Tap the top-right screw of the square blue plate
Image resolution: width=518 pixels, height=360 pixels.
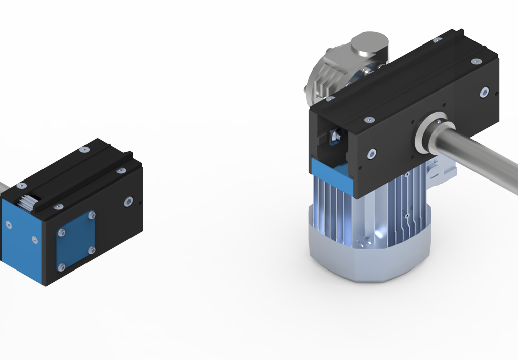pos(92,215)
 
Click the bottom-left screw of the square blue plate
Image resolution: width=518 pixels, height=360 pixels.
pos(61,266)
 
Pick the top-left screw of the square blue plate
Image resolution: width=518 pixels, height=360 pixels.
pos(61,232)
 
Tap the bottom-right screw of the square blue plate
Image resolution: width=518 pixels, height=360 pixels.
pos(92,250)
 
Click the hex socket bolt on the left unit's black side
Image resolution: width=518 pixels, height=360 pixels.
pos(128,202)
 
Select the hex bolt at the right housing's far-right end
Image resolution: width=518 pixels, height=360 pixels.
pos(484,92)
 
